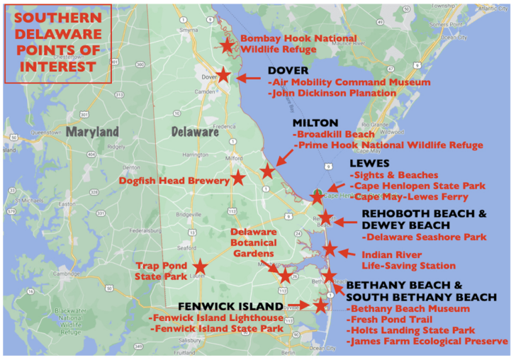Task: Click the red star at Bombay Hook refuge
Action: pyautogui.click(x=227, y=45)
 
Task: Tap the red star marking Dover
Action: pyautogui.click(x=223, y=74)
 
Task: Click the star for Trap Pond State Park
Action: pyautogui.click(x=200, y=266)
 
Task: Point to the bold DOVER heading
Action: pyautogui.click(x=288, y=71)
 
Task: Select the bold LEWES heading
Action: pyautogui.click(x=369, y=163)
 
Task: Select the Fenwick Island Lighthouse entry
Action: pyautogui.click(x=217, y=318)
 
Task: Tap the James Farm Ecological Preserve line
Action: pyautogui.click(x=427, y=342)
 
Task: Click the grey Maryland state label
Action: pyautogui.click(x=93, y=133)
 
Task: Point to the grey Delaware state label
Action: pyautogui.click(x=195, y=132)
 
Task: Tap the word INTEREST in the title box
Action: pyautogui.click(x=58, y=67)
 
